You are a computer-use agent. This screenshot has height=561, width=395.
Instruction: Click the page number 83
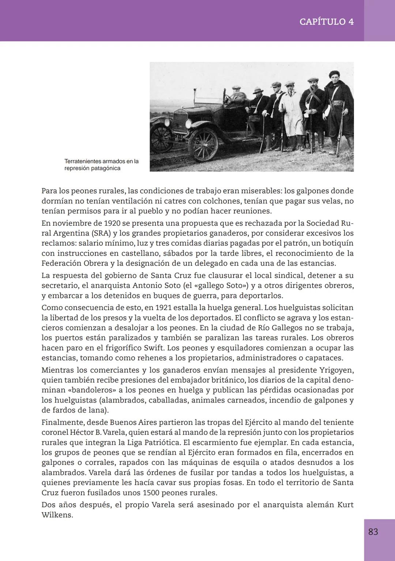coord(373,532)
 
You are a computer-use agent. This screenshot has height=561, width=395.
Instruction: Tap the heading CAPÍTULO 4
coord(326,22)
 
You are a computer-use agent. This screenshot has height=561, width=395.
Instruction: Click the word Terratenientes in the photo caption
coord(83,161)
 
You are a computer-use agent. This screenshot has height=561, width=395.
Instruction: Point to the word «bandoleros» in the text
coord(92,390)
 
